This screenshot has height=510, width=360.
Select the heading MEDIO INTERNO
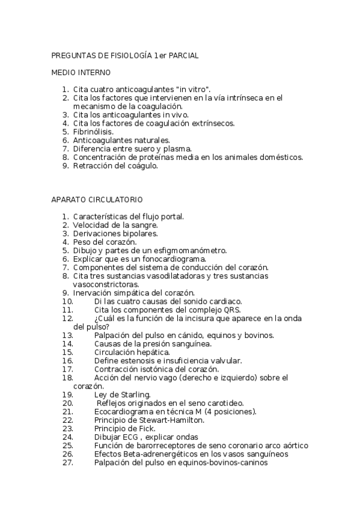pyautogui.click(x=81, y=72)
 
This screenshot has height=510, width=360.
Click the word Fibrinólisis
pyautogui.click(x=93, y=131)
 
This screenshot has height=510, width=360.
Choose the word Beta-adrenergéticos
pyautogui.click(x=157, y=454)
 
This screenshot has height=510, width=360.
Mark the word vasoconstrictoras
pyautogui.click(x=106, y=284)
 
